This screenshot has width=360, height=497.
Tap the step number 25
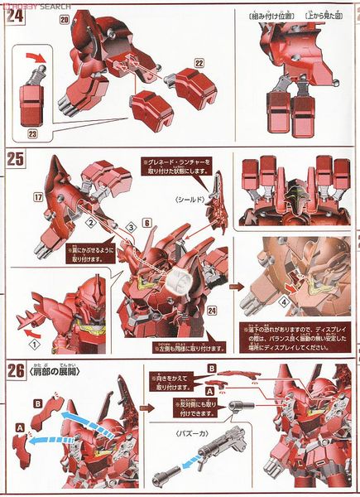click(14, 159)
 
